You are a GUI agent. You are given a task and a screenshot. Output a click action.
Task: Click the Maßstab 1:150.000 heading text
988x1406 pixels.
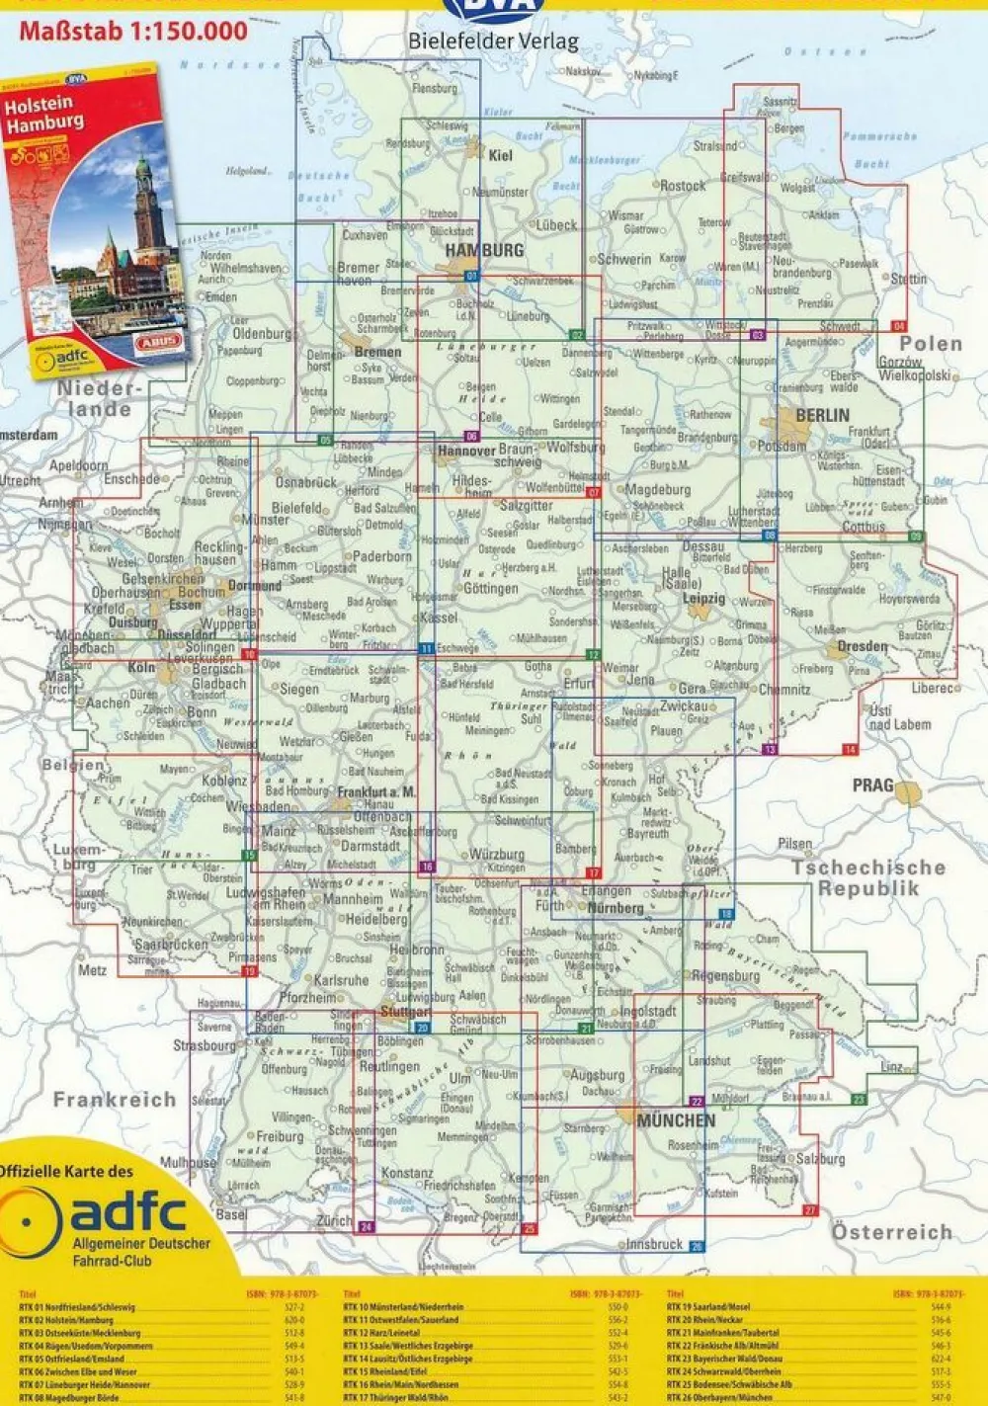(133, 32)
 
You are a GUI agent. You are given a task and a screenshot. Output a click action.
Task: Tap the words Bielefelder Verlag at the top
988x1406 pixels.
(493, 41)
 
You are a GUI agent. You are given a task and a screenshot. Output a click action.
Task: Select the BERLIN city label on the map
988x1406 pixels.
(821, 415)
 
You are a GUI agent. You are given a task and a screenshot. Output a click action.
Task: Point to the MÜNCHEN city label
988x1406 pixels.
(676, 1120)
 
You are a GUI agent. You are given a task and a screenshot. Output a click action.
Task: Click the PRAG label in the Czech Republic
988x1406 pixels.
(872, 786)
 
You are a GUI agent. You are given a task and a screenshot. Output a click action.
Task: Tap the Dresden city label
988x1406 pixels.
(862, 646)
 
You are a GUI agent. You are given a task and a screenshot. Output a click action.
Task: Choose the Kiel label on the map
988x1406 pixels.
(501, 155)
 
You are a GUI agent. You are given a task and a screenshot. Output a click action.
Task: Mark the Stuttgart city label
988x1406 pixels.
(405, 1012)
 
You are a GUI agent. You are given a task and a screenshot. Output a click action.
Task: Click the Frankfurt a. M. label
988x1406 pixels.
(375, 792)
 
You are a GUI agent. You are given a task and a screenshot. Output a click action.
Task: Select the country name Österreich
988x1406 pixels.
(891, 1232)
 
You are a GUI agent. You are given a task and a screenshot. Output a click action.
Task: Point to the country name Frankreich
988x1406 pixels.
(115, 1100)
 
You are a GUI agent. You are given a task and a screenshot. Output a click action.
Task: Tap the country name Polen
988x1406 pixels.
(930, 344)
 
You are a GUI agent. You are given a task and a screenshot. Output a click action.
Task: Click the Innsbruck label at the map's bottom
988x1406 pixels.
(654, 1244)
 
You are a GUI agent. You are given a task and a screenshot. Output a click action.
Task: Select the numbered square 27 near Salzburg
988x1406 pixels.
(810, 1210)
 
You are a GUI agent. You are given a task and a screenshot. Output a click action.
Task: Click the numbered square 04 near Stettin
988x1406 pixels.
(898, 325)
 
